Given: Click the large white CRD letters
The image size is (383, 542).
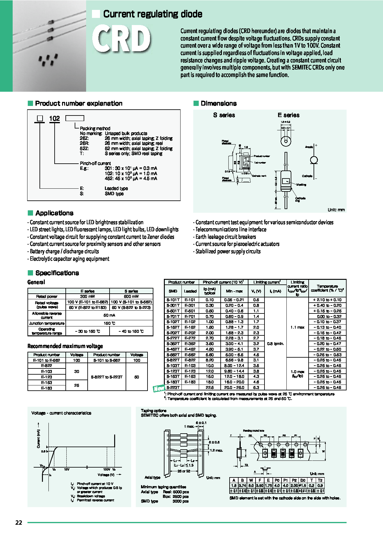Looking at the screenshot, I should [x=122, y=39].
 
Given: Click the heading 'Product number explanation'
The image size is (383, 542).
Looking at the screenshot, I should [x=78, y=103].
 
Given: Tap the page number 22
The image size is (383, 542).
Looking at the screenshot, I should [x=19, y=523].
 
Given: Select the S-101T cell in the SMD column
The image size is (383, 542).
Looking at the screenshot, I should [x=173, y=300].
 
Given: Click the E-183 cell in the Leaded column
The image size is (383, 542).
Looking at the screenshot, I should [x=190, y=382].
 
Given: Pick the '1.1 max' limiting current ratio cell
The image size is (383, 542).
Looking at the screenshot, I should [x=297, y=327].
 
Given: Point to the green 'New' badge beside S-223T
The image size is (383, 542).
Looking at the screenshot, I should [x=159, y=389].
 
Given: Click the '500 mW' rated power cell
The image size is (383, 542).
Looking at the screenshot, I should [x=131, y=296].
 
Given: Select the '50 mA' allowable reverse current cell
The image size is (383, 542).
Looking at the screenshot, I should [x=109, y=315].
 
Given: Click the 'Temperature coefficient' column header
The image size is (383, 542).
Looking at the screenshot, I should [x=327, y=288].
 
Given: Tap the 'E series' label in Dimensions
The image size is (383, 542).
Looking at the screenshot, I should [x=288, y=115].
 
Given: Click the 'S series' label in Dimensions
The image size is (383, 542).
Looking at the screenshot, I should [x=224, y=115].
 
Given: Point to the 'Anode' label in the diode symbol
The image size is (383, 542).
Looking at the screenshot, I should [x=309, y=147].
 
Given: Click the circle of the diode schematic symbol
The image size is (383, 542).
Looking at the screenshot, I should [x=314, y=160].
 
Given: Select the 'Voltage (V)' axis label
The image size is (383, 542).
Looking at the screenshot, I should [x=106, y=475].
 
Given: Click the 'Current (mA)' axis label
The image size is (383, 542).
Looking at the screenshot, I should [x=39, y=439].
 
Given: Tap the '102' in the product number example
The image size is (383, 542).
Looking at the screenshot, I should [x=54, y=119].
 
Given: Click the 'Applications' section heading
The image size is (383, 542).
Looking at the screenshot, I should [x=54, y=213].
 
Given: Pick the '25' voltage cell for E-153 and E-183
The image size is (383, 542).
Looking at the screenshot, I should [x=77, y=385].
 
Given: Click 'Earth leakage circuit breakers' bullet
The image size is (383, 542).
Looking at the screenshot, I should [x=226, y=237].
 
